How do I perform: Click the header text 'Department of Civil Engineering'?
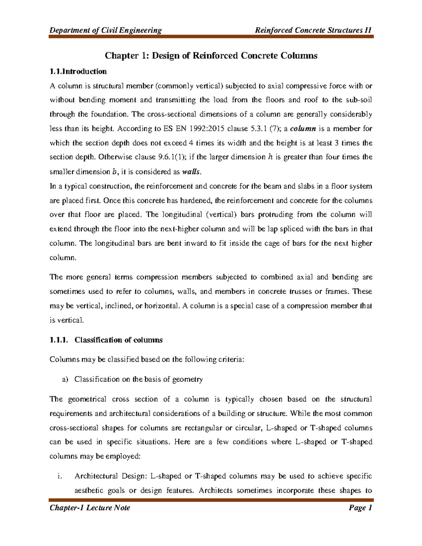(x=105, y=30)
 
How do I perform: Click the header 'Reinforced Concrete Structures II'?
(x=313, y=30)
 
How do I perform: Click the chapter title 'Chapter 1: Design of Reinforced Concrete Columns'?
(x=211, y=56)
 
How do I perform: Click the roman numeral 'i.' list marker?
(x=60, y=476)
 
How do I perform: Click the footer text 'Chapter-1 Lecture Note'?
(x=90, y=508)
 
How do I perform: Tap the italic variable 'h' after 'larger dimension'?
(x=270, y=157)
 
